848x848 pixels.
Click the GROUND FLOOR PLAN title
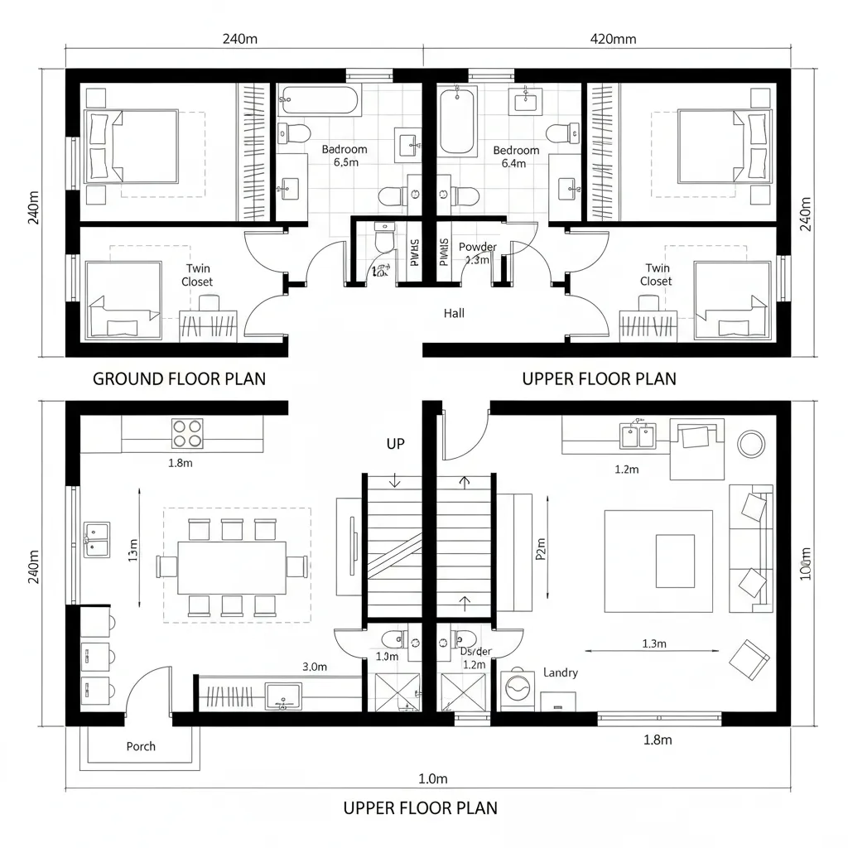[179, 379]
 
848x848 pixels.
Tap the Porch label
[141, 746]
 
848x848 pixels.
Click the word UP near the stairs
[396, 444]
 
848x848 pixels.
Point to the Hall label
[454, 313]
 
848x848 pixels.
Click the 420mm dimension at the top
[612, 39]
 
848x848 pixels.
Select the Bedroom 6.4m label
[516, 157]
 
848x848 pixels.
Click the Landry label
[561, 673]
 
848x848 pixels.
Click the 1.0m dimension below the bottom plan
[432, 778]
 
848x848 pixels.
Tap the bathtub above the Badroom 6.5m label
[320, 101]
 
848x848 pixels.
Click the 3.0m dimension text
[315, 666]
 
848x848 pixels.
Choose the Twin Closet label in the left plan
[197, 275]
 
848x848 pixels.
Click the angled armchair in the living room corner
[748, 660]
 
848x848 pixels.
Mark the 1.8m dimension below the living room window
[657, 740]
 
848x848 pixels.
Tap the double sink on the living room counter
[638, 434]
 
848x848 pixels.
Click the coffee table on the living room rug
[675, 561]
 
